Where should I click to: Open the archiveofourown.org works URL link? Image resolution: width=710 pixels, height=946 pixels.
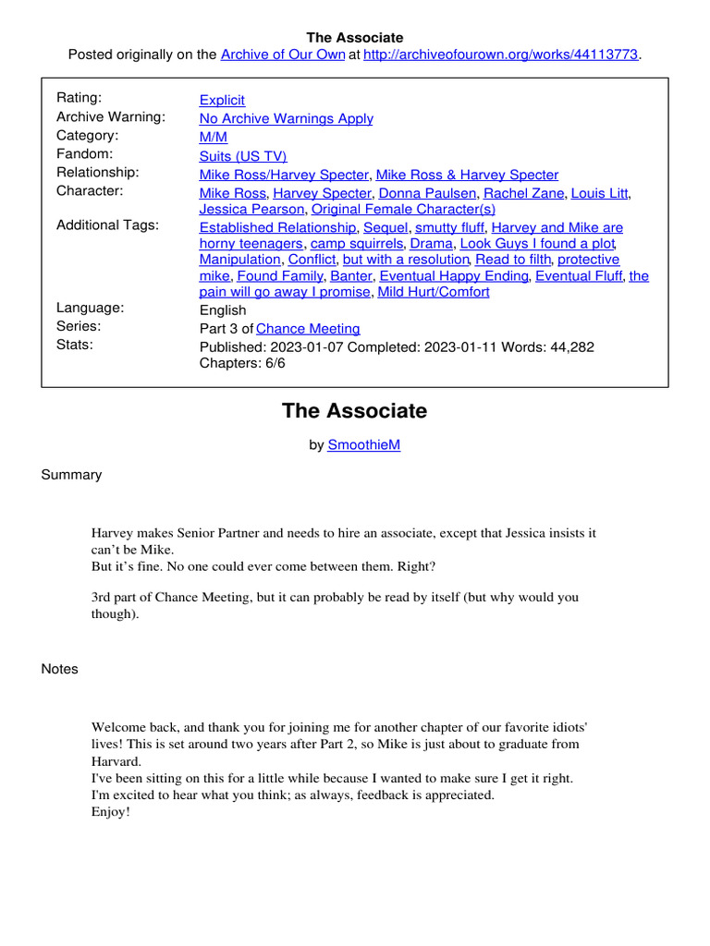pos(501,55)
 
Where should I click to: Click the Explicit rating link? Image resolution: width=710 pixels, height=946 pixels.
pos(222,100)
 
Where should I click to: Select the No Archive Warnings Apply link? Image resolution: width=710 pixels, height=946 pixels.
pos(287,118)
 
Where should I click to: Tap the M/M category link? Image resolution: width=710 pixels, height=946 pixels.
pos(213,137)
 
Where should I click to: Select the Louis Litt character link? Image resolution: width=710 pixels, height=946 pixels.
pos(599,193)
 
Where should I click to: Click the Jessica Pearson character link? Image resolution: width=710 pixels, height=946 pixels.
pos(251,210)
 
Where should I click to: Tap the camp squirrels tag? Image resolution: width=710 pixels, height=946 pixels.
pos(357,244)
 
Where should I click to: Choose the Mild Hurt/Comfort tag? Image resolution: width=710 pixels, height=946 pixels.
pos(434,292)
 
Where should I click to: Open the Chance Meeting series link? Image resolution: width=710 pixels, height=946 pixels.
pos(308,329)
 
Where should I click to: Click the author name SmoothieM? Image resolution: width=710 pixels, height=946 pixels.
pos(364,444)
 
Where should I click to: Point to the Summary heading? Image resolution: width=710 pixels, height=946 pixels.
pos(71,475)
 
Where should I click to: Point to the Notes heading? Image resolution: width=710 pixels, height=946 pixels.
pos(60,669)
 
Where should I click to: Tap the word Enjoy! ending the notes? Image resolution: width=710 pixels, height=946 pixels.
pos(111,811)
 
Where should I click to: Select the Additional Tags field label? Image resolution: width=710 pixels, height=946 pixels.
pos(107,225)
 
